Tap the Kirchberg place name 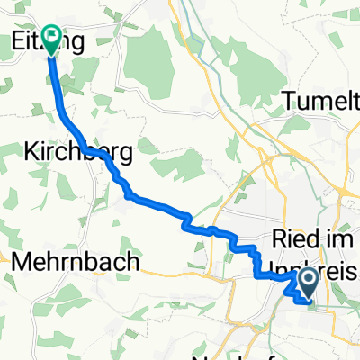pos(76,154)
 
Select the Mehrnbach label pos(76,262)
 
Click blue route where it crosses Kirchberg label pos(90,149)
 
